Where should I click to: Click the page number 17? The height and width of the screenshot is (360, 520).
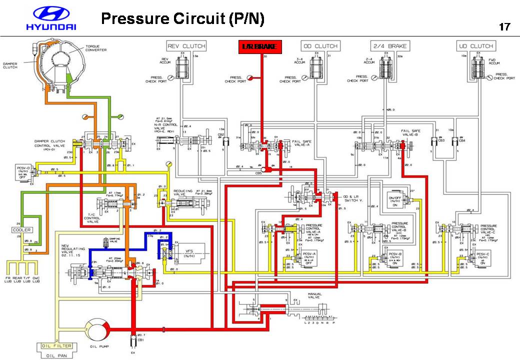point(504,26)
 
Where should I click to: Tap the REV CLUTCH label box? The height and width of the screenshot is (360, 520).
point(186,46)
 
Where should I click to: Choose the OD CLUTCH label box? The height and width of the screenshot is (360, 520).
point(320,46)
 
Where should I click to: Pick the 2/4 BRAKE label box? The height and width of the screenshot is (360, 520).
point(390,46)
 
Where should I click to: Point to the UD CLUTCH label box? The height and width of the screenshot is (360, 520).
point(475,46)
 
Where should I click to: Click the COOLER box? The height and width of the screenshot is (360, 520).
point(22,229)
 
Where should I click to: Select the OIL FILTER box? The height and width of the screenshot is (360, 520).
point(55,346)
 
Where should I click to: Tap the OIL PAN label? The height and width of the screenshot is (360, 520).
point(56,355)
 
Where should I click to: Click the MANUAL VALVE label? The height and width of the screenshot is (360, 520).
point(315,296)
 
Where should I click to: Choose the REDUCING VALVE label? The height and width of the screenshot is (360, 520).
point(183,193)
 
